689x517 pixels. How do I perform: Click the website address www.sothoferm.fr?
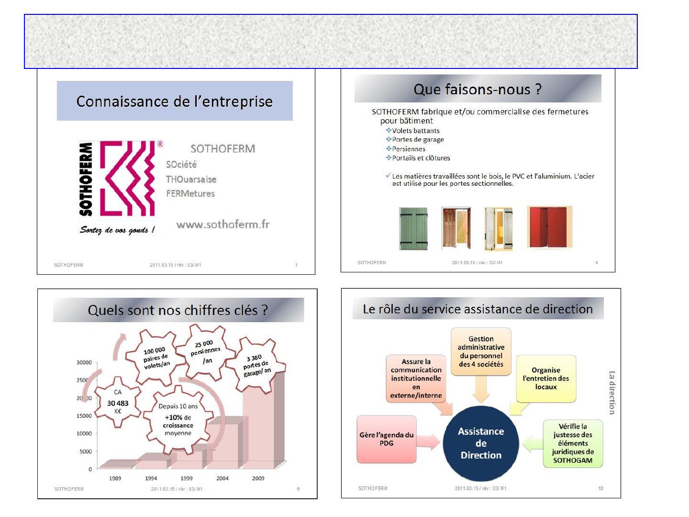222,225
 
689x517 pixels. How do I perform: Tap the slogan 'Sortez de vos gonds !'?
117,230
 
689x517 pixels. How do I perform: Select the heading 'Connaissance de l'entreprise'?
175,101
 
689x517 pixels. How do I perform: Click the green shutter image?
413,228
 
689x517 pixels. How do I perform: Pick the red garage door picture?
550,227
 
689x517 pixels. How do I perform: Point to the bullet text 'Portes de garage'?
418,139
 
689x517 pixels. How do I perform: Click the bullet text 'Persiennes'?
409,149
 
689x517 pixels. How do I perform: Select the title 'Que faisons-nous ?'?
478,89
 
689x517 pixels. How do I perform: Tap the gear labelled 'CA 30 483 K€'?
118,402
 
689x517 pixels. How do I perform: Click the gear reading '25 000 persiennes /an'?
206,352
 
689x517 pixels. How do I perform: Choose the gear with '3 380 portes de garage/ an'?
256,366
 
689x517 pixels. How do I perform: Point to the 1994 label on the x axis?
151,478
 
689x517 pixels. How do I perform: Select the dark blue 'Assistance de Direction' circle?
480,443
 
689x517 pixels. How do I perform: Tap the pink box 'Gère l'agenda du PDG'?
387,439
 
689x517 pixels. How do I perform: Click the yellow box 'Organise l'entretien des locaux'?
546,379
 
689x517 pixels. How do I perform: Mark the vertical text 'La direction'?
612,393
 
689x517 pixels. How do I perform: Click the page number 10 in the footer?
600,488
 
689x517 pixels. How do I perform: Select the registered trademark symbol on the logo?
160,144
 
